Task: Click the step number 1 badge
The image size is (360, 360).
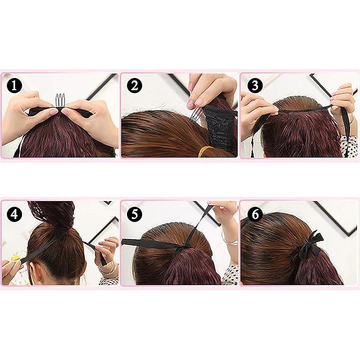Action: coord(14,85)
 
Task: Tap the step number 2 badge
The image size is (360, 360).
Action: coord(134,85)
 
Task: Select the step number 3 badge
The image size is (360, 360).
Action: coord(254,85)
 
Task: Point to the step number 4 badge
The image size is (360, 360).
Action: coord(14,214)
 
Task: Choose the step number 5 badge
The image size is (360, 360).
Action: coord(134,214)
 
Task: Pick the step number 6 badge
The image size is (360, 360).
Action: coord(254,214)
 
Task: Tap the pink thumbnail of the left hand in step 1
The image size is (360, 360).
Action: coord(53,112)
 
